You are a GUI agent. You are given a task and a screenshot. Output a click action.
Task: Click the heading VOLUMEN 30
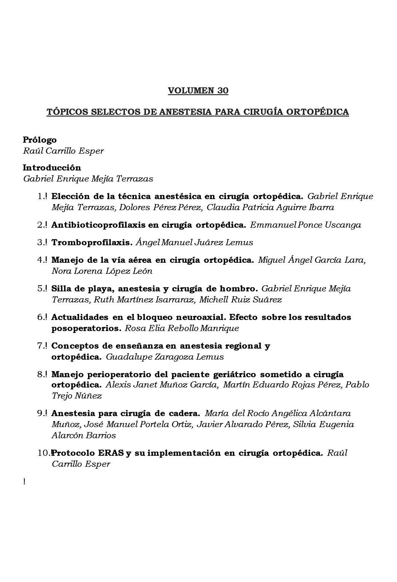[198, 91]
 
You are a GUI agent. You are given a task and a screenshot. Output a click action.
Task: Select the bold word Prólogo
[40, 140]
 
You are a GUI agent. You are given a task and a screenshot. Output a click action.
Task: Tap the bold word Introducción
[52, 168]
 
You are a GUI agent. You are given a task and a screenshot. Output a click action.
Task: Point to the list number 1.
[42, 197]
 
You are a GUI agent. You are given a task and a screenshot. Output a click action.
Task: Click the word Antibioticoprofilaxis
[98, 225]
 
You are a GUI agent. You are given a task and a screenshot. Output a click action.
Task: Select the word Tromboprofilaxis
[91, 243]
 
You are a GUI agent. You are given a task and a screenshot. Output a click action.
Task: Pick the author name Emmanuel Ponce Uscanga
[306, 225]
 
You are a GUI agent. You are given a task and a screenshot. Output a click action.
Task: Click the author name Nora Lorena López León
[102, 272]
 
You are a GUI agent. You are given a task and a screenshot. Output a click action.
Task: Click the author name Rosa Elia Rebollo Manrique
[182, 328]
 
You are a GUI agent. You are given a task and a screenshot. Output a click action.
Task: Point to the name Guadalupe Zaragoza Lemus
[165, 357]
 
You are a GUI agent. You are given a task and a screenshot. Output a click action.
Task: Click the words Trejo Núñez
[77, 396]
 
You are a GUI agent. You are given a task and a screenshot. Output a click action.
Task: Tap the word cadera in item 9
[183, 413]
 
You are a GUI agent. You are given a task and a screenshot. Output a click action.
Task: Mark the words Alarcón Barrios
[84, 436]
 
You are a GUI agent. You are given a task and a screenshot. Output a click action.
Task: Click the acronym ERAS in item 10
[111, 453]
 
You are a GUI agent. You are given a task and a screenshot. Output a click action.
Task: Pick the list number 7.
[42, 346]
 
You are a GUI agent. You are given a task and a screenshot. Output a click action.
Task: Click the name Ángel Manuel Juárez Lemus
[194, 243]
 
